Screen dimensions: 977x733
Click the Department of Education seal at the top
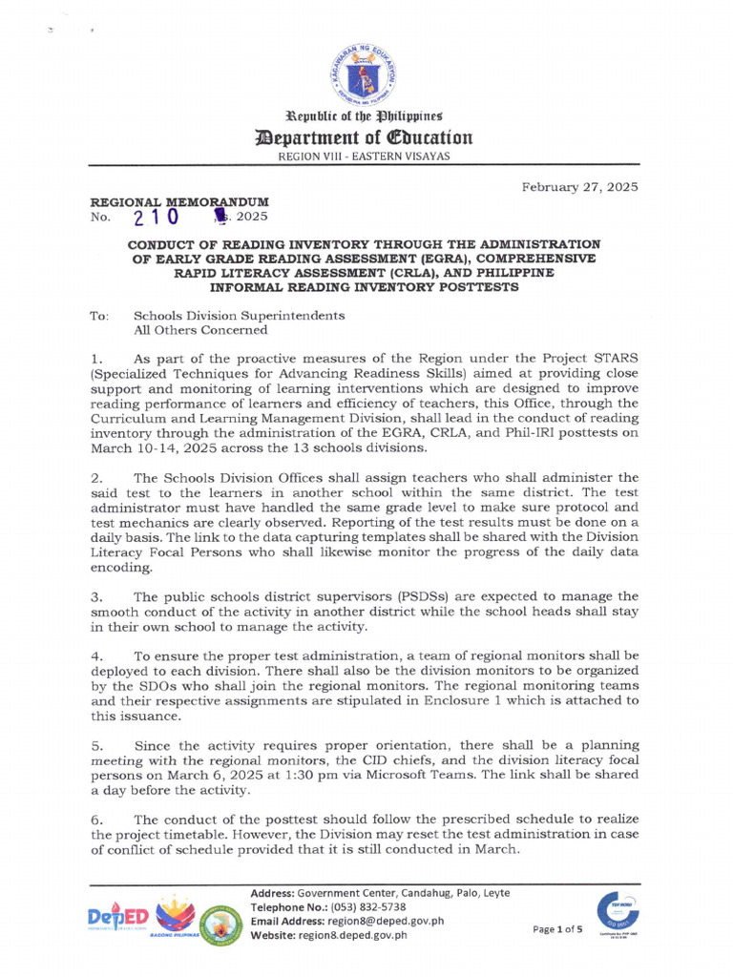point(366,74)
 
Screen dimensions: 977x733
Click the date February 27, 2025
point(579,187)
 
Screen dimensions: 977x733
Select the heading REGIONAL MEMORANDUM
point(178,202)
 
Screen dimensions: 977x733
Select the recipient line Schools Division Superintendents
point(240,315)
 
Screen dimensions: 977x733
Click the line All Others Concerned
point(200,330)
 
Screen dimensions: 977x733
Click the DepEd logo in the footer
point(116,919)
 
